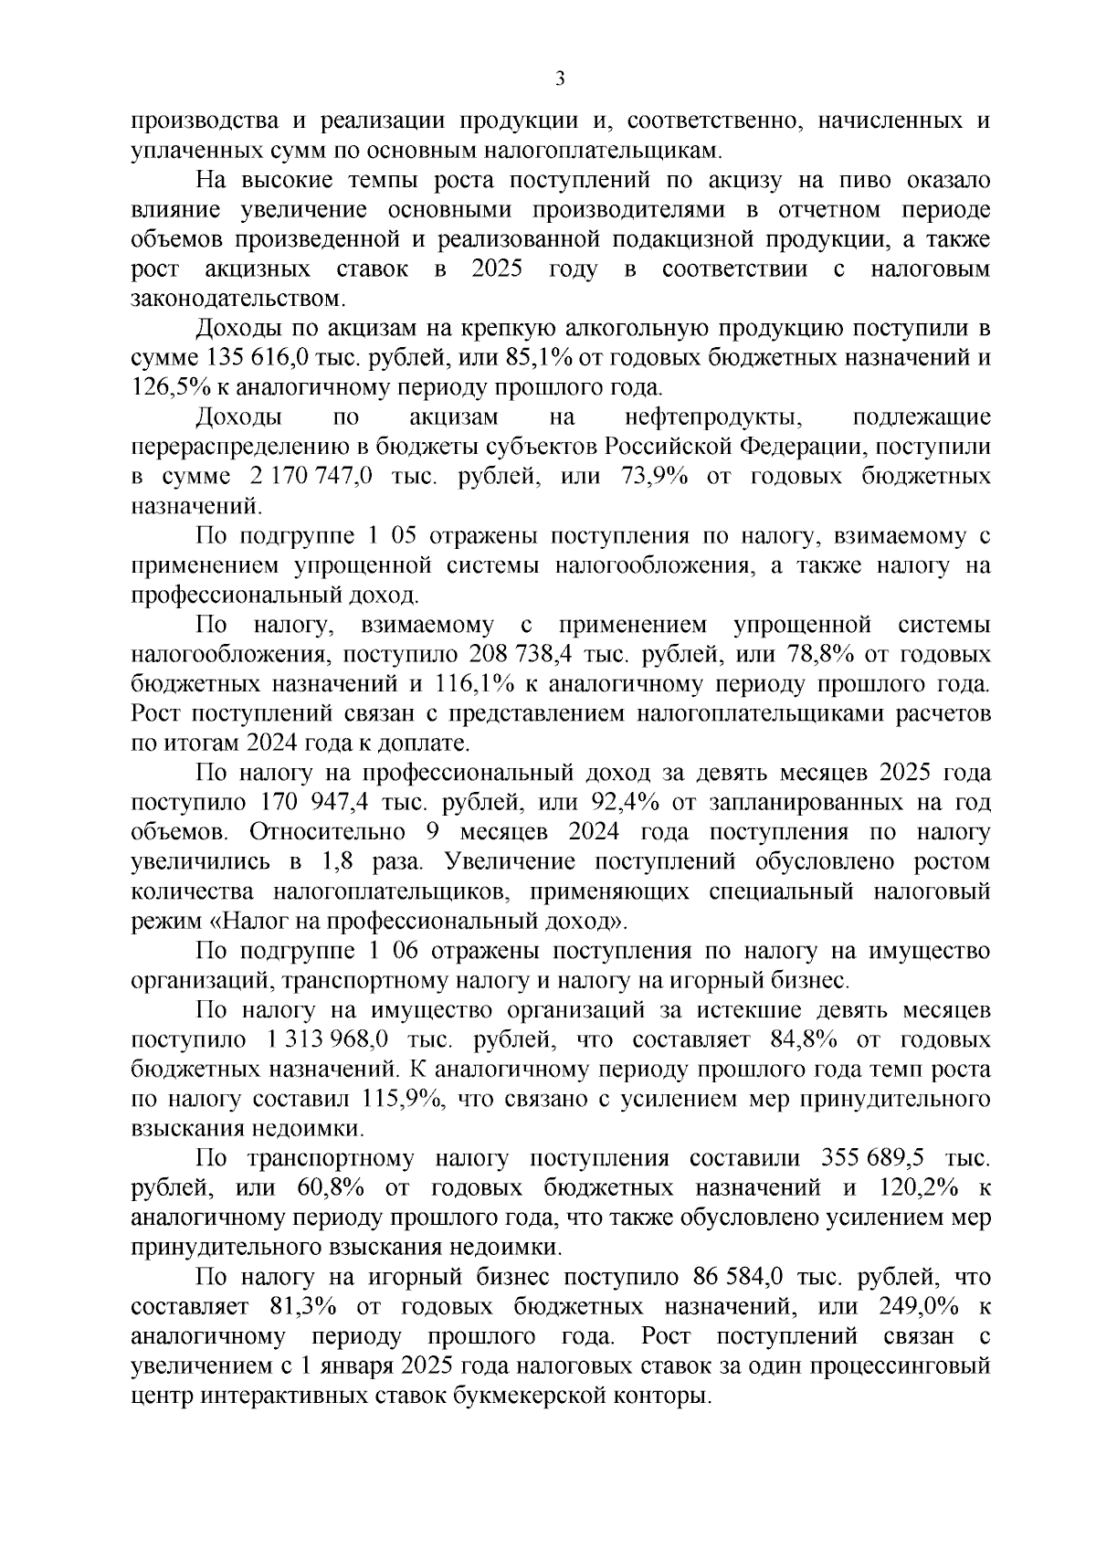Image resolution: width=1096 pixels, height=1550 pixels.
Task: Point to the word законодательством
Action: tap(239, 298)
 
